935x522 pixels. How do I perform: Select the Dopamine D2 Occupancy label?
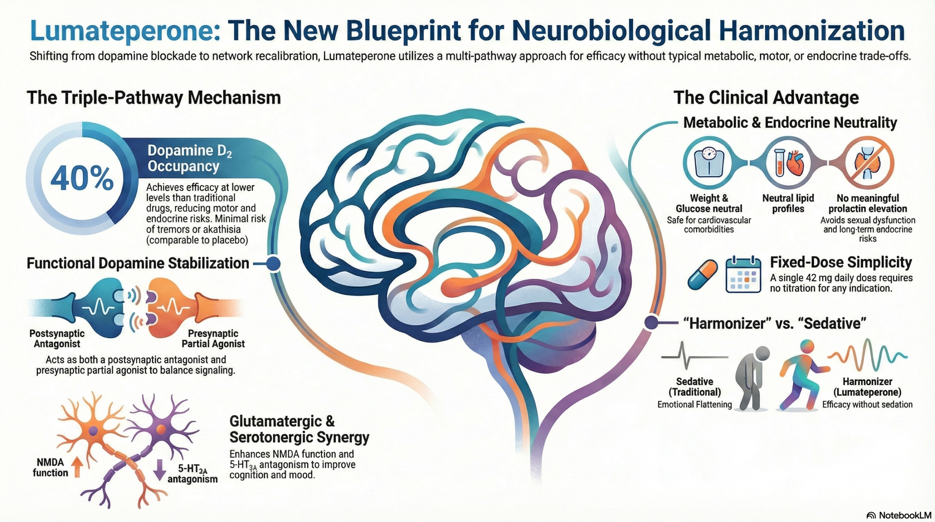[189, 158]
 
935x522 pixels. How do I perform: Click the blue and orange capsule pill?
[702, 275]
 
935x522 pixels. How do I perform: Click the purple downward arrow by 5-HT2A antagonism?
[159, 469]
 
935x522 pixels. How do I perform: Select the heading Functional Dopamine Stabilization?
[138, 263]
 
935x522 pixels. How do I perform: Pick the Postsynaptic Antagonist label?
[57, 339]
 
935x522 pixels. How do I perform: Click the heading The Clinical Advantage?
[766, 98]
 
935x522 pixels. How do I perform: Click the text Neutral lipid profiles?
[788, 203]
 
